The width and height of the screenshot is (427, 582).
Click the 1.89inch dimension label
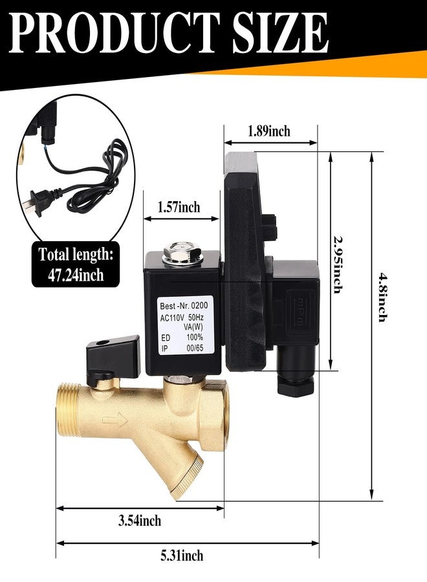pos(269,131)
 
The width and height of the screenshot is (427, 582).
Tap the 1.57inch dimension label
pos(179,207)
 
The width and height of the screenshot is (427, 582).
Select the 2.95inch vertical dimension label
pos(337,264)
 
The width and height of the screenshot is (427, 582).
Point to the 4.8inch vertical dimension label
pos(383,297)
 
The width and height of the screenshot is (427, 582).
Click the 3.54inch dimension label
pos(140,521)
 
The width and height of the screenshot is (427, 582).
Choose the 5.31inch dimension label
pos(182,555)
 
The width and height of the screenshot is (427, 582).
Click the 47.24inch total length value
pos(76,275)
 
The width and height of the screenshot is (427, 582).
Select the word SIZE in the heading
pos(280,33)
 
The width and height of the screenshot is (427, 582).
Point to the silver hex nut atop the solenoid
pos(181,253)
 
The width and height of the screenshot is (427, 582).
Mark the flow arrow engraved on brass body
pos(115,420)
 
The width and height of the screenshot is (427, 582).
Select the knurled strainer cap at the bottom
pos(186,479)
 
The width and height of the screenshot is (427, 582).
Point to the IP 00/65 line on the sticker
pos(182,349)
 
